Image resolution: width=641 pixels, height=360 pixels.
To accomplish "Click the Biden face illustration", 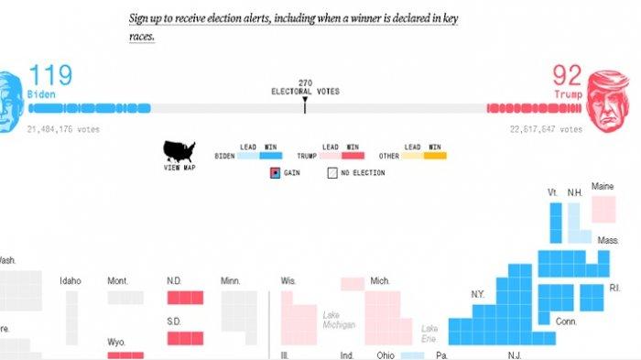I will click(x=8, y=99).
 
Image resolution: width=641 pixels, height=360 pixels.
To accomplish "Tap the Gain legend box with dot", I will click(x=274, y=172).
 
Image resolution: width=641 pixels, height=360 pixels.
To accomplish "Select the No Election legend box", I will click(x=331, y=172).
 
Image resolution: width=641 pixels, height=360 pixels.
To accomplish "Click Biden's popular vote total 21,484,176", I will click(x=63, y=129).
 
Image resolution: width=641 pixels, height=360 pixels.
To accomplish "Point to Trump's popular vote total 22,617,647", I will click(x=546, y=129).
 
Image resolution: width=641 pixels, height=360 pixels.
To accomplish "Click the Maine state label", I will click(x=603, y=186).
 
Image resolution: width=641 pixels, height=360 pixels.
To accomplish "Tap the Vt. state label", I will click(x=553, y=192).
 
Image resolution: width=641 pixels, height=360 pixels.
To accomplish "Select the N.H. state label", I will click(x=575, y=192).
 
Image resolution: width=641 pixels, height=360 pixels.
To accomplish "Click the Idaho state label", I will click(x=71, y=281).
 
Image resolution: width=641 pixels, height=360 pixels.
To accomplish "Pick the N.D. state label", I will click(x=174, y=281).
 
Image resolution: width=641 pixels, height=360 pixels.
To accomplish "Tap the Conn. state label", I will click(x=566, y=322).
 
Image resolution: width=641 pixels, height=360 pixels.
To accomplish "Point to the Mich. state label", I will click(x=380, y=281).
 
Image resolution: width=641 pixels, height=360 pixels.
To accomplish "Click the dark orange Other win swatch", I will click(x=435, y=156).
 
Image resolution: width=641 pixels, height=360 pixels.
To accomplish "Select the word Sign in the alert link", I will click(x=139, y=17).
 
